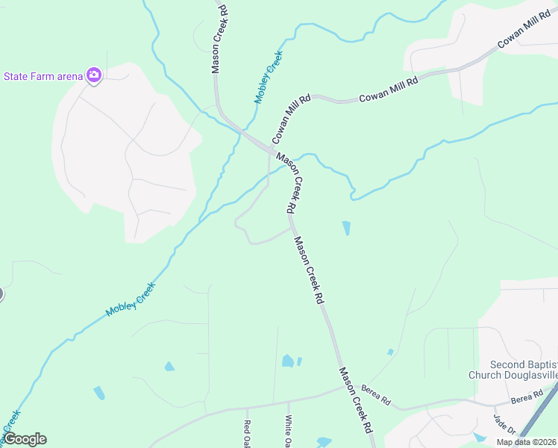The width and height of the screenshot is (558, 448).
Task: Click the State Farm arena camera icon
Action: point(93,75)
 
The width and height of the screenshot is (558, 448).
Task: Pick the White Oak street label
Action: point(289,431)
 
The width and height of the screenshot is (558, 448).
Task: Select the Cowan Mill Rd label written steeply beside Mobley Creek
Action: point(291,119)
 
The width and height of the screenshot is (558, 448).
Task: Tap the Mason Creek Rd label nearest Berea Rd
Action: point(354,400)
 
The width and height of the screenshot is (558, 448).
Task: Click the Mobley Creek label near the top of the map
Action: point(269,77)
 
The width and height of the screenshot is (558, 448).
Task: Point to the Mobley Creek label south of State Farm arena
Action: point(131,299)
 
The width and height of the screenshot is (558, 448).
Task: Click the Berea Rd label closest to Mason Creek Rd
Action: point(375,394)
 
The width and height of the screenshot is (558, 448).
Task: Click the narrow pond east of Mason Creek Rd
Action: point(346,228)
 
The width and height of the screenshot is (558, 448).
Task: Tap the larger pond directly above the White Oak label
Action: point(287,361)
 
